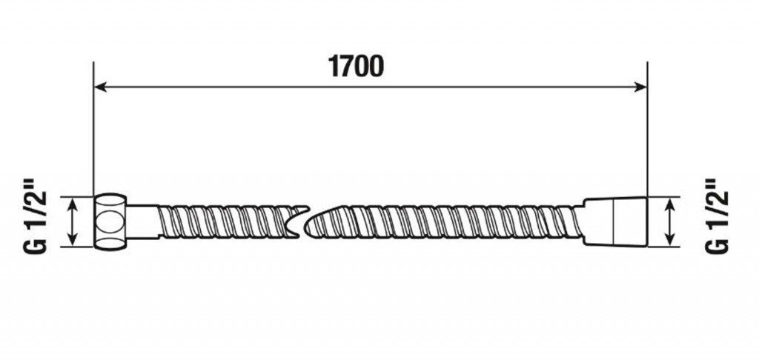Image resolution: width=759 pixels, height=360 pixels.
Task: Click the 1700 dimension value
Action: [356, 66]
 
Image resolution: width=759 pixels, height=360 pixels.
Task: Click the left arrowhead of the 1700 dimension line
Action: [100, 87]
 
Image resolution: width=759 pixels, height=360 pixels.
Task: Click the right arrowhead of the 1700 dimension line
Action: [640, 87]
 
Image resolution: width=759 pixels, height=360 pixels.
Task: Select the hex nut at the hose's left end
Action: [110, 222]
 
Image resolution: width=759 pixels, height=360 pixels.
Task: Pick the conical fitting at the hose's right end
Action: [614, 221]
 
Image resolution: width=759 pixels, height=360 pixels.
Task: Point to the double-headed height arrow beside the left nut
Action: [72, 221]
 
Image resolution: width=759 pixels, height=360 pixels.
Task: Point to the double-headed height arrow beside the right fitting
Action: [670, 221]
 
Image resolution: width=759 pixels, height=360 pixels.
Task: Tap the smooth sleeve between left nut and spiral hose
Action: [143, 222]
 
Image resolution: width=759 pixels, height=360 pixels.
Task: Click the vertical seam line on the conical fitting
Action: [613, 221]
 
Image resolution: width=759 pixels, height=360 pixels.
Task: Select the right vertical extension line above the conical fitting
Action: [647, 129]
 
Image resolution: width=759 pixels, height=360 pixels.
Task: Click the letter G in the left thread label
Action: [36, 244]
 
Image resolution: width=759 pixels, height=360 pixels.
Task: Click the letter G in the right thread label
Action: [717, 244]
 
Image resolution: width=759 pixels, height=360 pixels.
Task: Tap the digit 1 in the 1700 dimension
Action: [334, 66]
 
